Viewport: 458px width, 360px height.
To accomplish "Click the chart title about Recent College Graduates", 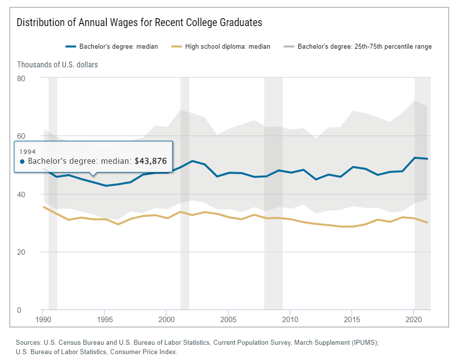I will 139,23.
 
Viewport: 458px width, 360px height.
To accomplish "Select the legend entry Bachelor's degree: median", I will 112,47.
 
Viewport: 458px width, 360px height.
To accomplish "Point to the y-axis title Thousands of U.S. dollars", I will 57,65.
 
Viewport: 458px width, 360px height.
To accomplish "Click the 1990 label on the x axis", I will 43,319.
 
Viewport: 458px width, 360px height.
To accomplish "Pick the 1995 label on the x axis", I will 105,319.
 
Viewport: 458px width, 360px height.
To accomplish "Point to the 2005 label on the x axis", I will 228,319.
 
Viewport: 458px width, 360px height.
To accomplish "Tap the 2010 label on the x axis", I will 290,319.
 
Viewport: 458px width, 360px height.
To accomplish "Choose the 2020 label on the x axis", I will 413,319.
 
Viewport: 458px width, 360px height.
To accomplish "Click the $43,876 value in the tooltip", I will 151,161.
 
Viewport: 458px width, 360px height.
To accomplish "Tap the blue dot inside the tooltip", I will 22,161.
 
